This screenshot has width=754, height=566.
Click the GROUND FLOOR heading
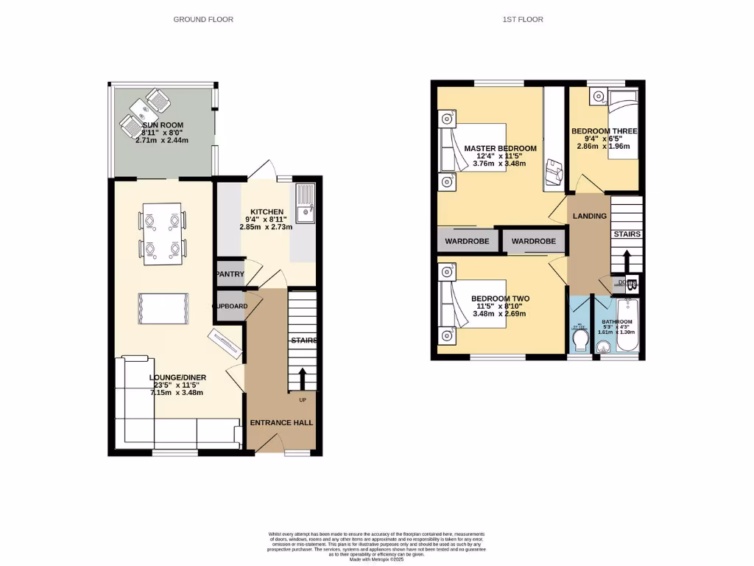203,19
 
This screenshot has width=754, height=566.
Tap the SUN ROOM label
163,125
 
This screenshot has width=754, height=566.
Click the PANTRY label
230,274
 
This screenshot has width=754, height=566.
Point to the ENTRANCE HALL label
281,423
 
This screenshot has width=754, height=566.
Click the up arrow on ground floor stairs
302,380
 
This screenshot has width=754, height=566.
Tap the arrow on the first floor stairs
626,261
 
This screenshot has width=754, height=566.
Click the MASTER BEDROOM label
500,149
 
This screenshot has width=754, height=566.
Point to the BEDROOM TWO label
500,298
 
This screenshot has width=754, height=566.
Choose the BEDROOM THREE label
605,131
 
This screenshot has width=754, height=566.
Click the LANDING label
590,216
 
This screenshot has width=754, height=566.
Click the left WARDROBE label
467,241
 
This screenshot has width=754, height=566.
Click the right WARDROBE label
533,241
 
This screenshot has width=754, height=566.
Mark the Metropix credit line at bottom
377,560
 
